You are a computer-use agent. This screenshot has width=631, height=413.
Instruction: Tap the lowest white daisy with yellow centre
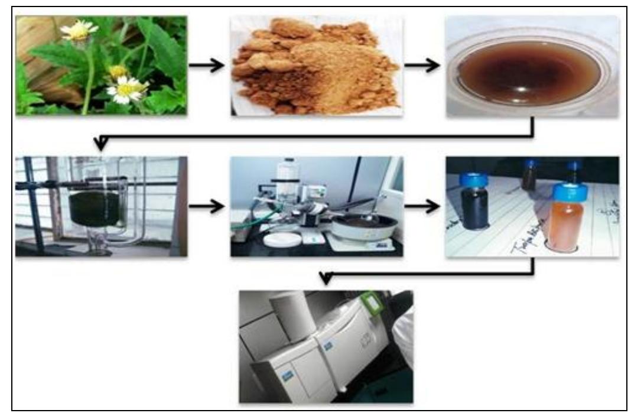(126, 90)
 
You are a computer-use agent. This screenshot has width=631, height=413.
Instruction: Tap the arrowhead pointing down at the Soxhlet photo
(102, 142)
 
